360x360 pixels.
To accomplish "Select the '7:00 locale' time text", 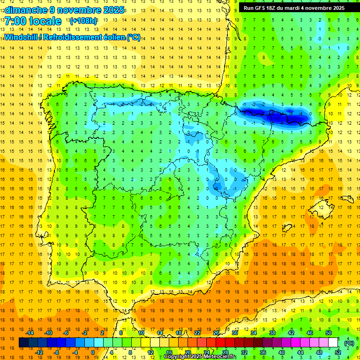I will tap(33, 21).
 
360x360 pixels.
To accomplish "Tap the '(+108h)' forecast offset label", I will tap(83, 21).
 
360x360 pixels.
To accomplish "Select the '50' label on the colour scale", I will tap(328, 333).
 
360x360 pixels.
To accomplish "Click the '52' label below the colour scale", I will tap(337, 352).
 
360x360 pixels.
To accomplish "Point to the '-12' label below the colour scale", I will tap(39, 352).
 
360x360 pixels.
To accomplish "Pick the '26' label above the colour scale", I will tap(216, 333).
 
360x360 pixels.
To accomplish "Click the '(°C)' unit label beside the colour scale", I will tap(349, 343).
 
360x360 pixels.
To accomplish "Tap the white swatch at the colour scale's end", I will tap(333, 343).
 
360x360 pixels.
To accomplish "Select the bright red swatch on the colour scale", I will tap(220, 343).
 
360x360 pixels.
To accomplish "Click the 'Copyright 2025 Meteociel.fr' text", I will tap(200, 357).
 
